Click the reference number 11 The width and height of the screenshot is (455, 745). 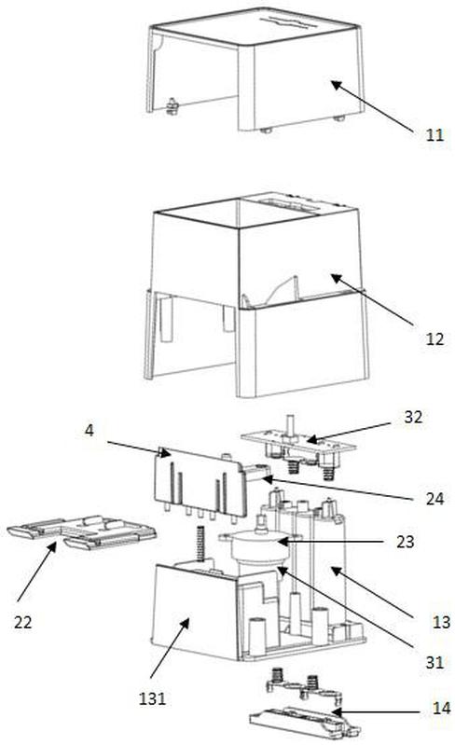(x=434, y=135)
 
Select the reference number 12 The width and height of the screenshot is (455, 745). (x=434, y=338)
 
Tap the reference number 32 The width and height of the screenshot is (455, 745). (x=413, y=417)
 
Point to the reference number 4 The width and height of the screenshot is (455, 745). (x=90, y=431)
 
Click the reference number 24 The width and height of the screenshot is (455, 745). (x=435, y=498)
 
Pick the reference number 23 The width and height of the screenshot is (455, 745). (x=406, y=541)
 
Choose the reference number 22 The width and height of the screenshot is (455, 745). (x=22, y=622)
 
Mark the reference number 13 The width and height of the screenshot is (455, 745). (x=441, y=622)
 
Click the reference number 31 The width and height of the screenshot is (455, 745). (x=434, y=662)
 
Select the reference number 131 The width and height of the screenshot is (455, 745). (x=153, y=698)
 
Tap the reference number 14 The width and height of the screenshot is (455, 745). (x=441, y=708)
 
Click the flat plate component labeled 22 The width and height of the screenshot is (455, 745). (x=82, y=532)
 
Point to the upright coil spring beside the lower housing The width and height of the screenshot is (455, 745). (x=200, y=543)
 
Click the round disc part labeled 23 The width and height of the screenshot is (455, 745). (x=260, y=546)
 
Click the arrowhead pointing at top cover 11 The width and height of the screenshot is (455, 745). (x=336, y=85)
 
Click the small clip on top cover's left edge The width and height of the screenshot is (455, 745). (x=172, y=106)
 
